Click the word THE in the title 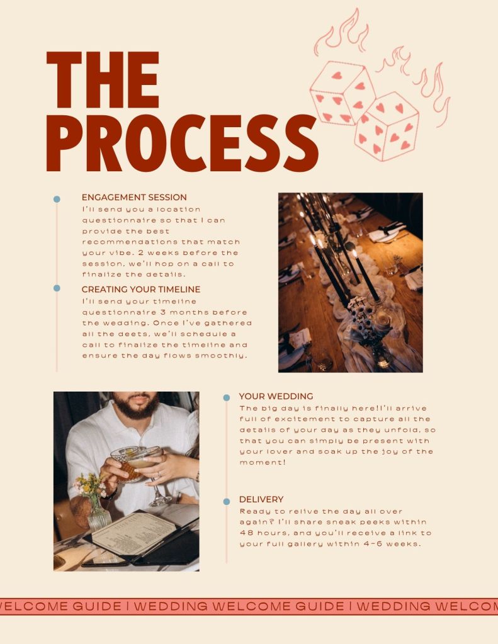point(103,80)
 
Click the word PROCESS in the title point(183,143)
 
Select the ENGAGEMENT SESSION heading point(134,197)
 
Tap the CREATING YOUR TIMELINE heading point(141,289)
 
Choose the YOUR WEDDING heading point(276,397)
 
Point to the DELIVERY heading point(261,499)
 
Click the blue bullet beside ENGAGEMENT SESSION point(57,199)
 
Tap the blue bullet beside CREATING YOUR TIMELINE point(57,288)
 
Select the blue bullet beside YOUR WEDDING point(227,398)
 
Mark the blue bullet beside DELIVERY point(227,502)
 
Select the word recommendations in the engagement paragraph point(129,242)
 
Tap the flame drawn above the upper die point(342,33)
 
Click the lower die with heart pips point(386,126)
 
